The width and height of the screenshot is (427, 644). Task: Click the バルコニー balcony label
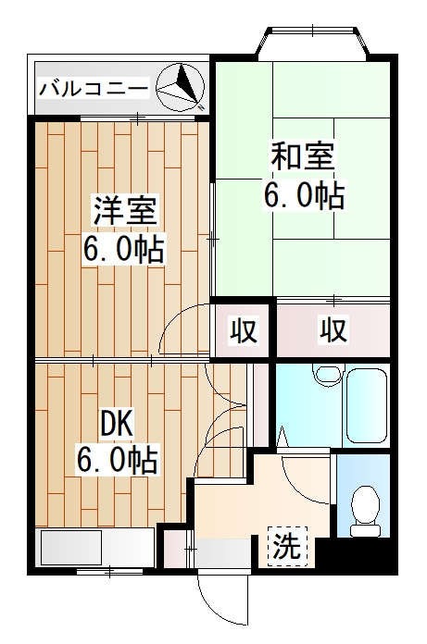pos(94,89)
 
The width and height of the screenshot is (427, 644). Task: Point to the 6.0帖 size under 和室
pos(303,195)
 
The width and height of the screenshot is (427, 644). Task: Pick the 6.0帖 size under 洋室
pos(123,249)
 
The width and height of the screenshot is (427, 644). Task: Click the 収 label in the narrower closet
pos(243,329)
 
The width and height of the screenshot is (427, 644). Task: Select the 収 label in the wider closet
pos(334,329)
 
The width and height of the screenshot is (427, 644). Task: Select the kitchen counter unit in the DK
pos(94,548)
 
